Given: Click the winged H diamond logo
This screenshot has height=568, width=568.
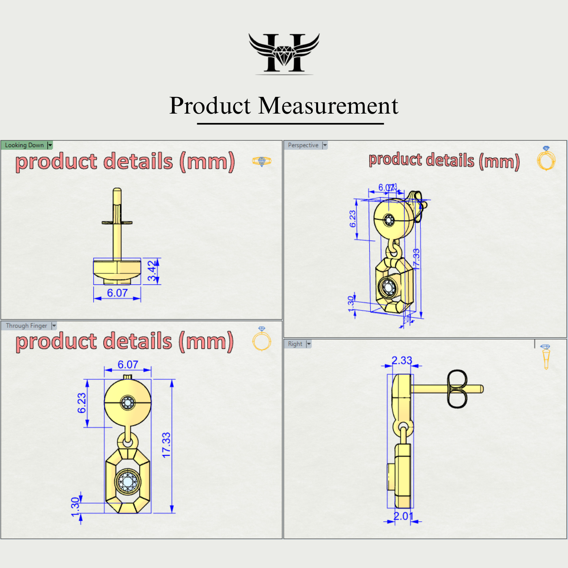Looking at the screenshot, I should [284, 53].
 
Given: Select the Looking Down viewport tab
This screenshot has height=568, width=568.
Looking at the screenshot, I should [24, 145].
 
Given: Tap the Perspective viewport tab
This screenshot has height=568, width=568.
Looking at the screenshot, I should [303, 145].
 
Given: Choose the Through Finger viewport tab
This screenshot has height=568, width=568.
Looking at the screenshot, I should [26, 326].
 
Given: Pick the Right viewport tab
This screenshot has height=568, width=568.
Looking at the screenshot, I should [295, 344].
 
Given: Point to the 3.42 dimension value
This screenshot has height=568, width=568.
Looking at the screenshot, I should [152, 271].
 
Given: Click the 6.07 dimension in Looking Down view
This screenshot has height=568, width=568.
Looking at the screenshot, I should [117, 293].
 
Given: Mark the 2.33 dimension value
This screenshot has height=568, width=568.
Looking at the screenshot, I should [402, 360].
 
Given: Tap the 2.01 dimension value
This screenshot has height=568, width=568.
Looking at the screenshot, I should [403, 516].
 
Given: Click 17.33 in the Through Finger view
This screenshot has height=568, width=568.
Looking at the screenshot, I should [166, 445].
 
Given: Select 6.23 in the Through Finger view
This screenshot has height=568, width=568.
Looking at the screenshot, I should [82, 403].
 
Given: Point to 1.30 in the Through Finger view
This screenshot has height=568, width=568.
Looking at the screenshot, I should [75, 507].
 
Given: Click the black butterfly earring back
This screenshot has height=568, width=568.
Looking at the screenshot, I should [457, 389].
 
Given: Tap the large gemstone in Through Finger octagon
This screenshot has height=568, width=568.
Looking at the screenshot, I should [128, 482].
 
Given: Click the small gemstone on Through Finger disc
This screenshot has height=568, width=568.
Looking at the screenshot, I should [128, 403].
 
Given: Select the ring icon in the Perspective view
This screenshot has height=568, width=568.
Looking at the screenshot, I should [546, 159].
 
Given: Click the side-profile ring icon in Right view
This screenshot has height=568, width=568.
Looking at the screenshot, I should [546, 357].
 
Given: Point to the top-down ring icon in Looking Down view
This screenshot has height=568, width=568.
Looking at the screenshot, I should [262, 161].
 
